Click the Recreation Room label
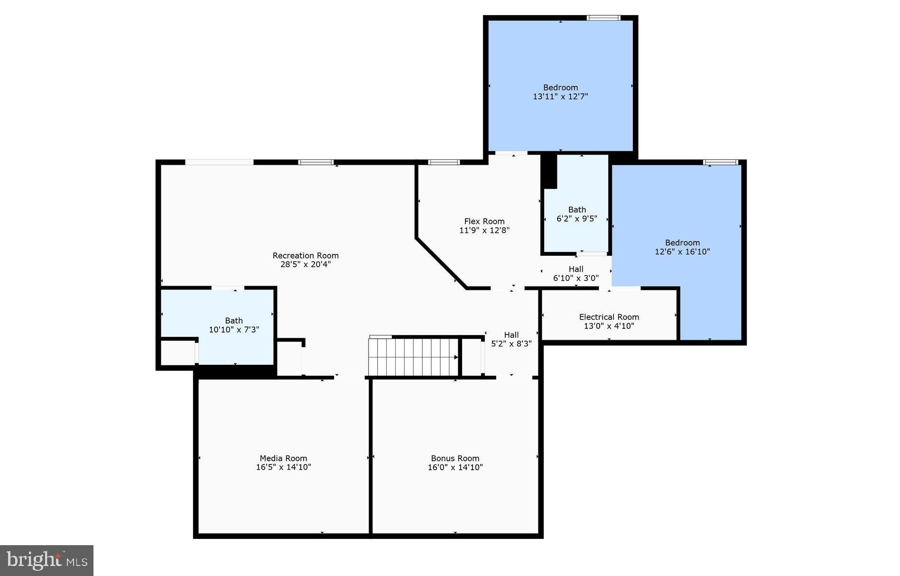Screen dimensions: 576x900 pyautogui.click(x=305, y=255)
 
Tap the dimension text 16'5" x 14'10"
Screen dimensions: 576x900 pyautogui.click(x=283, y=467)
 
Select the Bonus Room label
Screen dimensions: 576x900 pyautogui.click(x=455, y=458)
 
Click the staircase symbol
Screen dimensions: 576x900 pyautogui.click(x=413, y=357)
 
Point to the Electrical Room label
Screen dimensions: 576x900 pyautogui.click(x=609, y=317)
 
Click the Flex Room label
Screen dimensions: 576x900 pyautogui.click(x=484, y=221)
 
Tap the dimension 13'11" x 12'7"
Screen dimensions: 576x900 pyautogui.click(x=560, y=96)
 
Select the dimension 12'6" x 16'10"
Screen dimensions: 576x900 pyautogui.click(x=682, y=252)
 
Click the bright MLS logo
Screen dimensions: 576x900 pyautogui.click(x=46, y=560)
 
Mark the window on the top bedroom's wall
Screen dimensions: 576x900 pyautogui.click(x=603, y=18)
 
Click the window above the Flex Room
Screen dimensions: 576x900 pyautogui.click(x=444, y=162)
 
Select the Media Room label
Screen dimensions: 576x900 pyautogui.click(x=283, y=458)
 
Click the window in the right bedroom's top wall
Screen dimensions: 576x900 pyautogui.click(x=720, y=162)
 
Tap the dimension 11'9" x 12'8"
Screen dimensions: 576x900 pyautogui.click(x=484, y=231)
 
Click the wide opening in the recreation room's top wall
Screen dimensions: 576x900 pyautogui.click(x=219, y=162)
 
